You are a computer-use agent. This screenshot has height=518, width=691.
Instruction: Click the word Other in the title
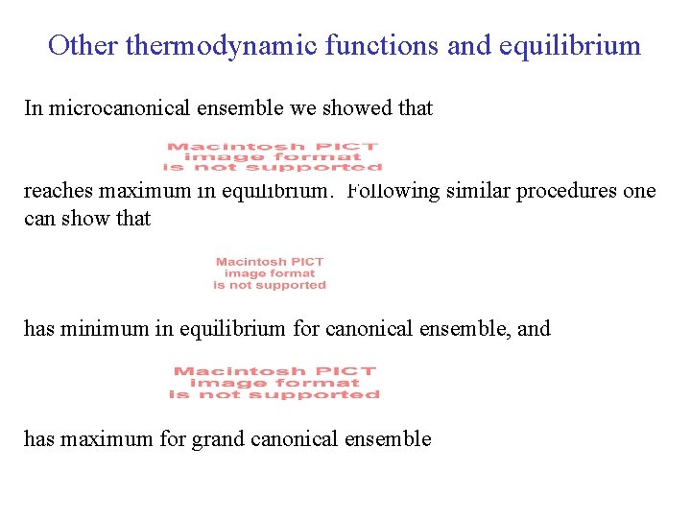click(x=83, y=45)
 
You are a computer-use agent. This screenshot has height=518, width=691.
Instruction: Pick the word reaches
click(x=54, y=191)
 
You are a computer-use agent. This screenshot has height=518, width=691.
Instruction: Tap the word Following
click(x=392, y=191)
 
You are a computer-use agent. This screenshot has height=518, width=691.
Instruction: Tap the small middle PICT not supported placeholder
click(x=270, y=273)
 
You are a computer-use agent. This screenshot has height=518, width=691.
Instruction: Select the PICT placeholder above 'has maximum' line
click(x=274, y=383)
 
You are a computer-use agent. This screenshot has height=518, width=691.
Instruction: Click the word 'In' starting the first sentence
click(x=34, y=108)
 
